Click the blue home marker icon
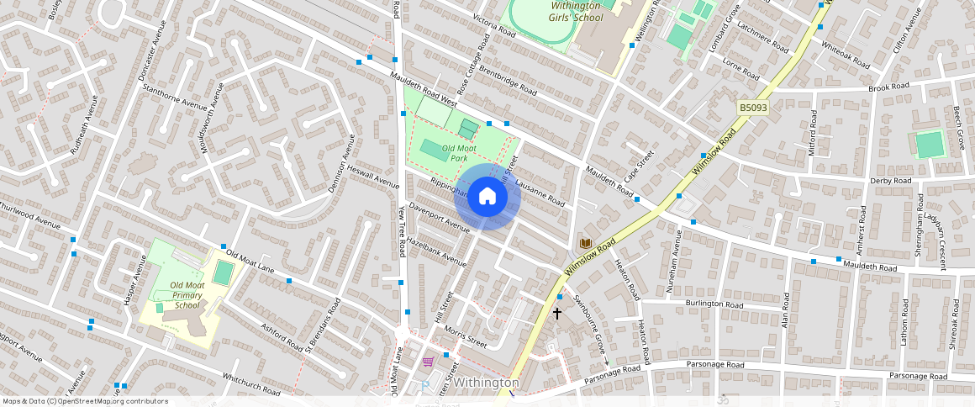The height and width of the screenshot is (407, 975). pyautogui.click(x=487, y=197)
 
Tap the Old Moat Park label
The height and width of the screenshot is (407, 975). pyautogui.click(x=459, y=153)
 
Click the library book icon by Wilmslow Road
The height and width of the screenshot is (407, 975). pyautogui.click(x=585, y=243)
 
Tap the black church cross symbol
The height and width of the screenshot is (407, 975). pyautogui.click(x=556, y=314)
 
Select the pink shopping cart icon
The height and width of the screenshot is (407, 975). pyautogui.click(x=429, y=362)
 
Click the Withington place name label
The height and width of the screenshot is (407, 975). pyautogui.click(x=487, y=383)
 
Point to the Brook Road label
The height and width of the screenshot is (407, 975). pyautogui.click(x=889, y=87)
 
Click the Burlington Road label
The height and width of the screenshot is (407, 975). pyautogui.click(x=714, y=304)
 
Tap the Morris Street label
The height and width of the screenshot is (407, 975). pyautogui.click(x=466, y=336)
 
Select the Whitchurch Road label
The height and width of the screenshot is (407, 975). pyautogui.click(x=250, y=385)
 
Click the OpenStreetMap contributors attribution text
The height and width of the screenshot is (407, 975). pyautogui.click(x=85, y=401)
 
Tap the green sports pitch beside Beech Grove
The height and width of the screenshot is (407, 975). pyautogui.click(x=930, y=145)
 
